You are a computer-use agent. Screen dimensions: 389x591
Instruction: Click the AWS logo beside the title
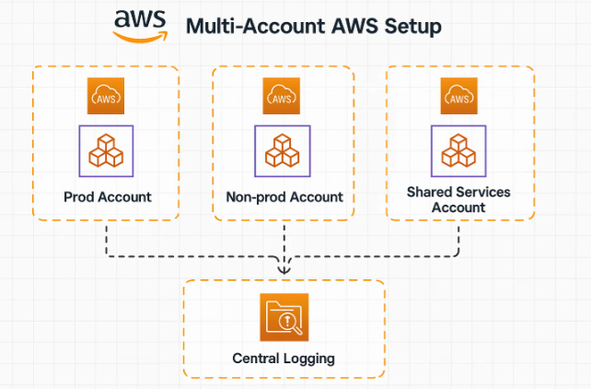[141, 25]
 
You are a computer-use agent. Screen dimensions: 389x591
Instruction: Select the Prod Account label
[107, 196]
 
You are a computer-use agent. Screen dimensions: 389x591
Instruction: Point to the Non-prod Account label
[284, 196]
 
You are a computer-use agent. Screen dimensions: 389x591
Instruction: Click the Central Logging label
[284, 357]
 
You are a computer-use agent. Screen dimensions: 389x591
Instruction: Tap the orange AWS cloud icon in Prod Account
[106, 96]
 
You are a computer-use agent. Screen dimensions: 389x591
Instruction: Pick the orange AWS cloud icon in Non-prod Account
[283, 96]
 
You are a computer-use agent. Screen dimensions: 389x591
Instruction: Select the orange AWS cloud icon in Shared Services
[458, 96]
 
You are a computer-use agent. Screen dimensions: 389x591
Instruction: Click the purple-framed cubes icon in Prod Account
[106, 151]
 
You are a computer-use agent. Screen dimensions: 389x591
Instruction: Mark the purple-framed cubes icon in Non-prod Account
[283, 151]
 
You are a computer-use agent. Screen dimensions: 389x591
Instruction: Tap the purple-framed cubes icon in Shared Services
[458, 151]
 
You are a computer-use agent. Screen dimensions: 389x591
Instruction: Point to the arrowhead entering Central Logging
[284, 270]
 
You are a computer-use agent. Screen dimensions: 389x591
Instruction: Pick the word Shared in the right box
[429, 192]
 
